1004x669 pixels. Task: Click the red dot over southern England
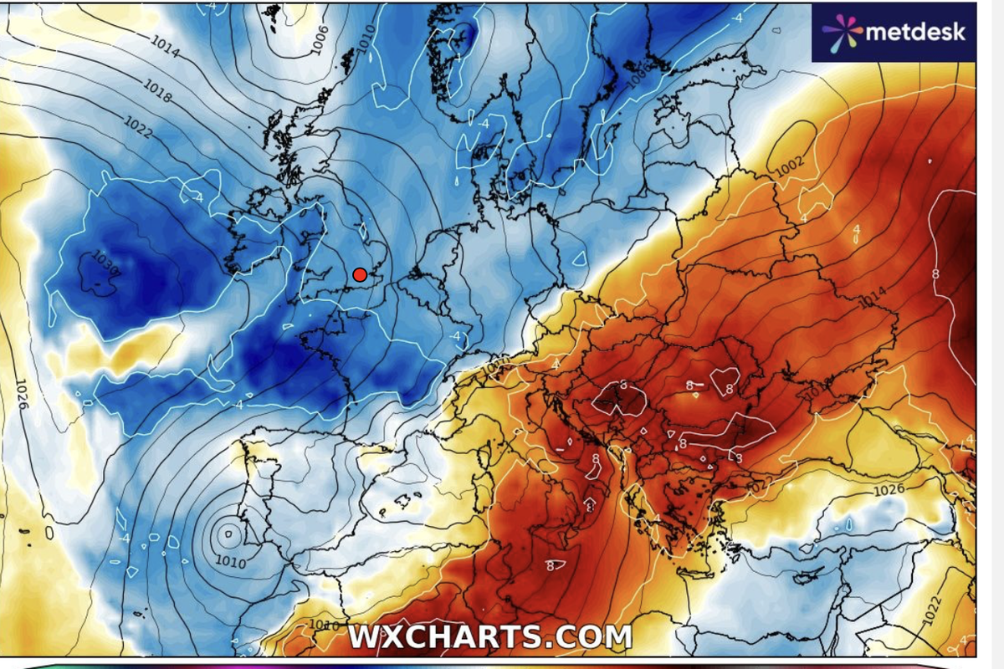pyautogui.click(x=360, y=274)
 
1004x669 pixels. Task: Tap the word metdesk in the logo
pyautogui.click(x=914, y=32)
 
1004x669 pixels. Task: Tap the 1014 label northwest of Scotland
pyautogui.click(x=166, y=50)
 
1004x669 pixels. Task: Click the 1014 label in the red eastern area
pyautogui.click(x=871, y=295)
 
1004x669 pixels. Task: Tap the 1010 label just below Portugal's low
pyautogui.click(x=230, y=563)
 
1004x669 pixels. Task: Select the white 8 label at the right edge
pyautogui.click(x=935, y=273)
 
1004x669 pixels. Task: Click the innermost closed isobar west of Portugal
pyautogui.click(x=227, y=530)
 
